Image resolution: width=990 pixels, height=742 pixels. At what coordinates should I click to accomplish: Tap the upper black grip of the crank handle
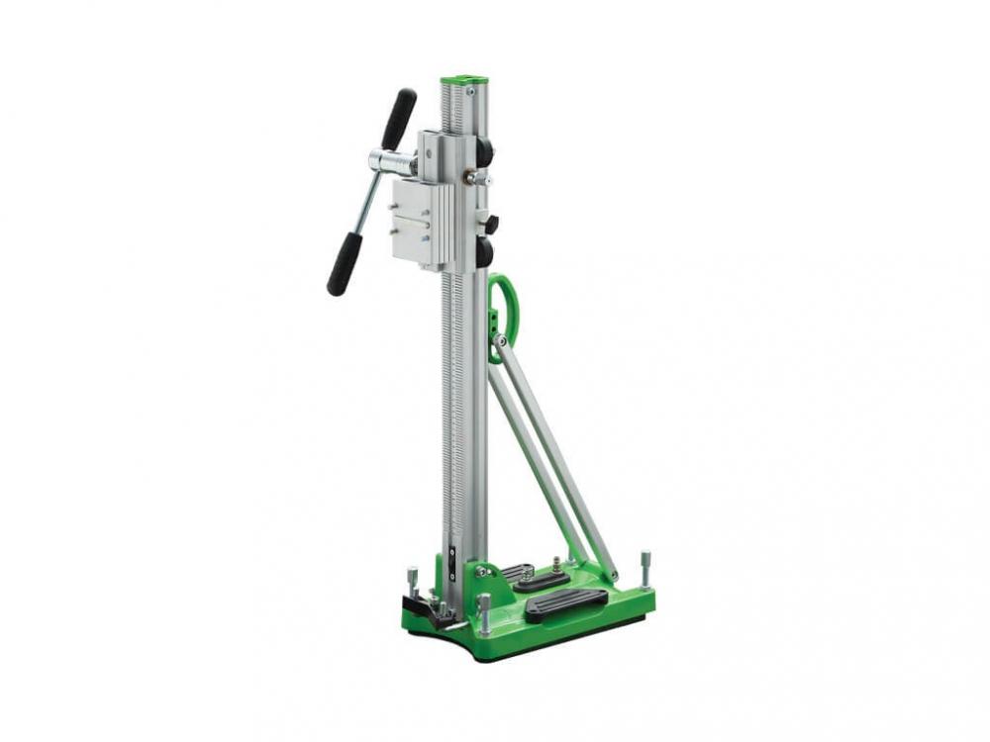(400, 118)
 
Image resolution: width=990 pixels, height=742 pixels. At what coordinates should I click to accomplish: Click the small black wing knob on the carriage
(490, 225)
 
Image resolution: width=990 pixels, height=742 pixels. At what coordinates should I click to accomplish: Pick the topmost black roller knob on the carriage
(484, 154)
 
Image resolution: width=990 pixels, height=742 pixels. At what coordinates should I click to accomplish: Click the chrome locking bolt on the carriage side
(476, 179)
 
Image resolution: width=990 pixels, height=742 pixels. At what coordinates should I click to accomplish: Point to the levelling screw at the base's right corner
(645, 570)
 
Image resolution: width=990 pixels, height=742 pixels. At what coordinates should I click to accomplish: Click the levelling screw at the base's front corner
(484, 613)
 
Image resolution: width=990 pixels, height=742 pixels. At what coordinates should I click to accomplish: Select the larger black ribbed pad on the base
(566, 603)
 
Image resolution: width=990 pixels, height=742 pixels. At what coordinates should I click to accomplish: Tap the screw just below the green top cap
(471, 91)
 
